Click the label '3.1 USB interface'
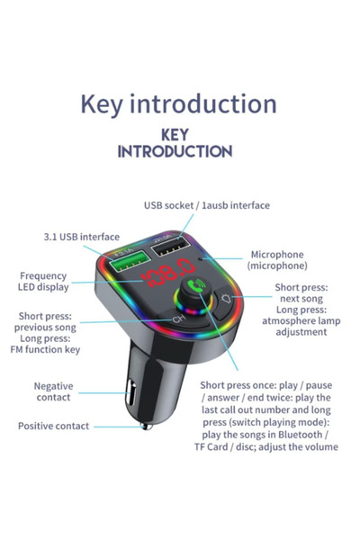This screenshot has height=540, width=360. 81,237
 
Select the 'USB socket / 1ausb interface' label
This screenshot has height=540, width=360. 206,205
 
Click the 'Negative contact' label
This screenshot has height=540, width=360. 54,391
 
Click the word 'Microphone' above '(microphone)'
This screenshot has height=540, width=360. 276,255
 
